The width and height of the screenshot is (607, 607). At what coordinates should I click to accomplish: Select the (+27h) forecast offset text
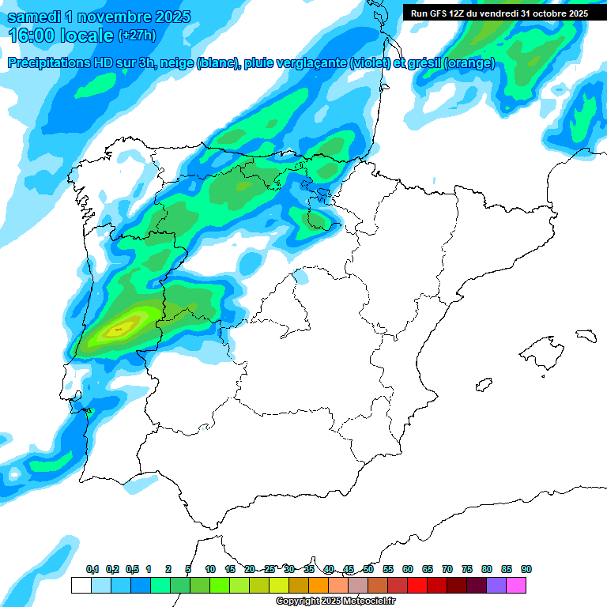click(137, 36)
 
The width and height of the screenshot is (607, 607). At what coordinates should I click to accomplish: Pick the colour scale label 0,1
click(92, 570)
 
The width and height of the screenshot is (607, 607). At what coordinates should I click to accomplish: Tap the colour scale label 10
click(210, 570)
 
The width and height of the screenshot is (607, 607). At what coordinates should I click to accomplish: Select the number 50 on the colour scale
click(368, 570)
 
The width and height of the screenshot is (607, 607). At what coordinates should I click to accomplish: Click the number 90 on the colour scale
click(526, 570)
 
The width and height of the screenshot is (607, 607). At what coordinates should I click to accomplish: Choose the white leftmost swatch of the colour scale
click(81, 585)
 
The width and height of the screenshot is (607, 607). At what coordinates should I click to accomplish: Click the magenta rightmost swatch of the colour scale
click(516, 585)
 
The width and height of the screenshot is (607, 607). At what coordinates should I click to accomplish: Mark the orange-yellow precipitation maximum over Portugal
click(120, 327)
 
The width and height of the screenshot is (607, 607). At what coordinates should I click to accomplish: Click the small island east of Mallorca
click(585, 335)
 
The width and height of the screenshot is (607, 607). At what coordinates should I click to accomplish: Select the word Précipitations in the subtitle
click(48, 63)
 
